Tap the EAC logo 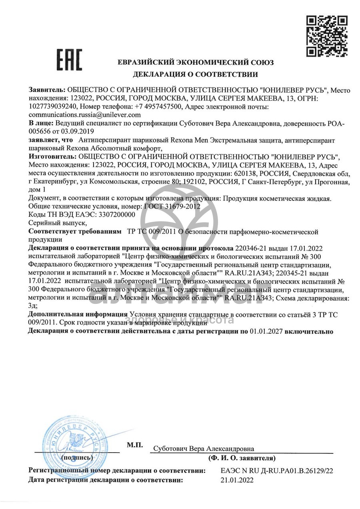[69, 60]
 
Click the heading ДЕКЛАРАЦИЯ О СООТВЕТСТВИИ [195, 74]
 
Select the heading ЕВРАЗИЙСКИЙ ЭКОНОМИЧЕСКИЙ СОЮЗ [196, 63]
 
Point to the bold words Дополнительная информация [78, 315]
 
